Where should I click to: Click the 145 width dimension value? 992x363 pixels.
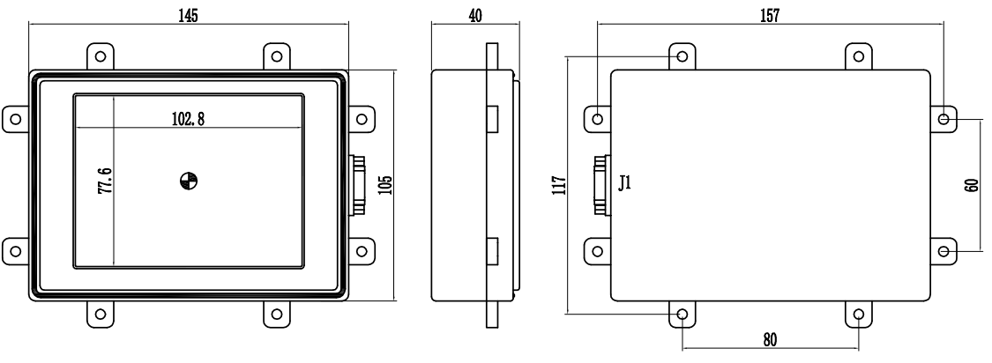click(188, 17)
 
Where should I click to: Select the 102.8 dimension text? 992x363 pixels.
click(189, 120)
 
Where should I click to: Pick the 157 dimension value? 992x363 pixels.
click(769, 17)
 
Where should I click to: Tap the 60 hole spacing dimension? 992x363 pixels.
click(973, 185)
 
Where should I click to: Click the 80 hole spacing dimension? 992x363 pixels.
click(770, 339)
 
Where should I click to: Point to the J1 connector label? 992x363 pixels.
click(623, 184)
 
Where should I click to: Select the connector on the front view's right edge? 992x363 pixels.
click(357, 184)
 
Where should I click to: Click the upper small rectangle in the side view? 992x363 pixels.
click(493, 117)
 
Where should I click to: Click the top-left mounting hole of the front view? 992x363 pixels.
click(101, 56)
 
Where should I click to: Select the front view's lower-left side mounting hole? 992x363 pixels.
click(15, 250)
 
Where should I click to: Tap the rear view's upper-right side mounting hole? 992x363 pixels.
click(944, 118)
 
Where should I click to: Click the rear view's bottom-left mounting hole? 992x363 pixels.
click(683, 314)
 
